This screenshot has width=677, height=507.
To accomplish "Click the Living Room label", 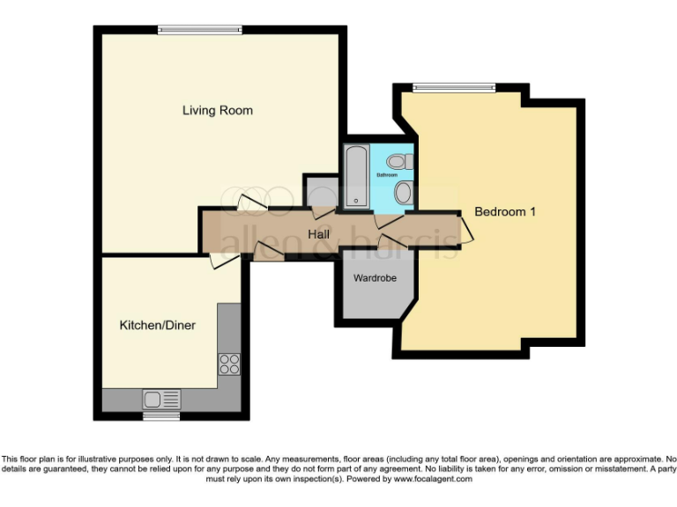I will (x=217, y=110).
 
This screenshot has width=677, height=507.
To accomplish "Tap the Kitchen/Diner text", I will (x=157, y=326).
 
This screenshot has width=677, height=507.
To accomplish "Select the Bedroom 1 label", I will (x=505, y=212).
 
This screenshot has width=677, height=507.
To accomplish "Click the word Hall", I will (x=319, y=234).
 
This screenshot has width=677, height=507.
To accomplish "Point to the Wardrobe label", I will (x=375, y=278).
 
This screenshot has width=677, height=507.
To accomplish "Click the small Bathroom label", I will (x=387, y=175).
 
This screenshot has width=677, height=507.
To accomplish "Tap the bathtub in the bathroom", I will (x=355, y=177).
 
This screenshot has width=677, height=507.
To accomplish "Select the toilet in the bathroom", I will (x=399, y=161).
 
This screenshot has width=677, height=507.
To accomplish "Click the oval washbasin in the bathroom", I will (x=403, y=193).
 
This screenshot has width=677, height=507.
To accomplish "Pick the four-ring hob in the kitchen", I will (x=229, y=363).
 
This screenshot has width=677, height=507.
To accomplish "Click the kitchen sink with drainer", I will (x=161, y=399).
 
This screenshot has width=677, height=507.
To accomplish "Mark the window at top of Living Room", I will (x=199, y=30).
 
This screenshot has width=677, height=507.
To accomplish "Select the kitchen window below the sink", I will (x=161, y=415).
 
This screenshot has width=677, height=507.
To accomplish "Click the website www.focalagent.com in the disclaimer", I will (x=433, y=480).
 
